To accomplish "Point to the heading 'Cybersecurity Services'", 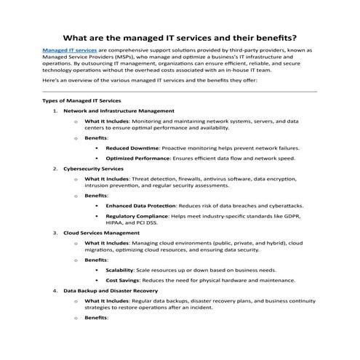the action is point(94,168).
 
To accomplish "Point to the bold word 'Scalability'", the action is point(123,270).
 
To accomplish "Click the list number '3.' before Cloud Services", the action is point(55,233).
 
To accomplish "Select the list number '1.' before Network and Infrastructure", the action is point(55,110).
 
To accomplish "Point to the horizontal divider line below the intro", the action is point(180,92).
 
